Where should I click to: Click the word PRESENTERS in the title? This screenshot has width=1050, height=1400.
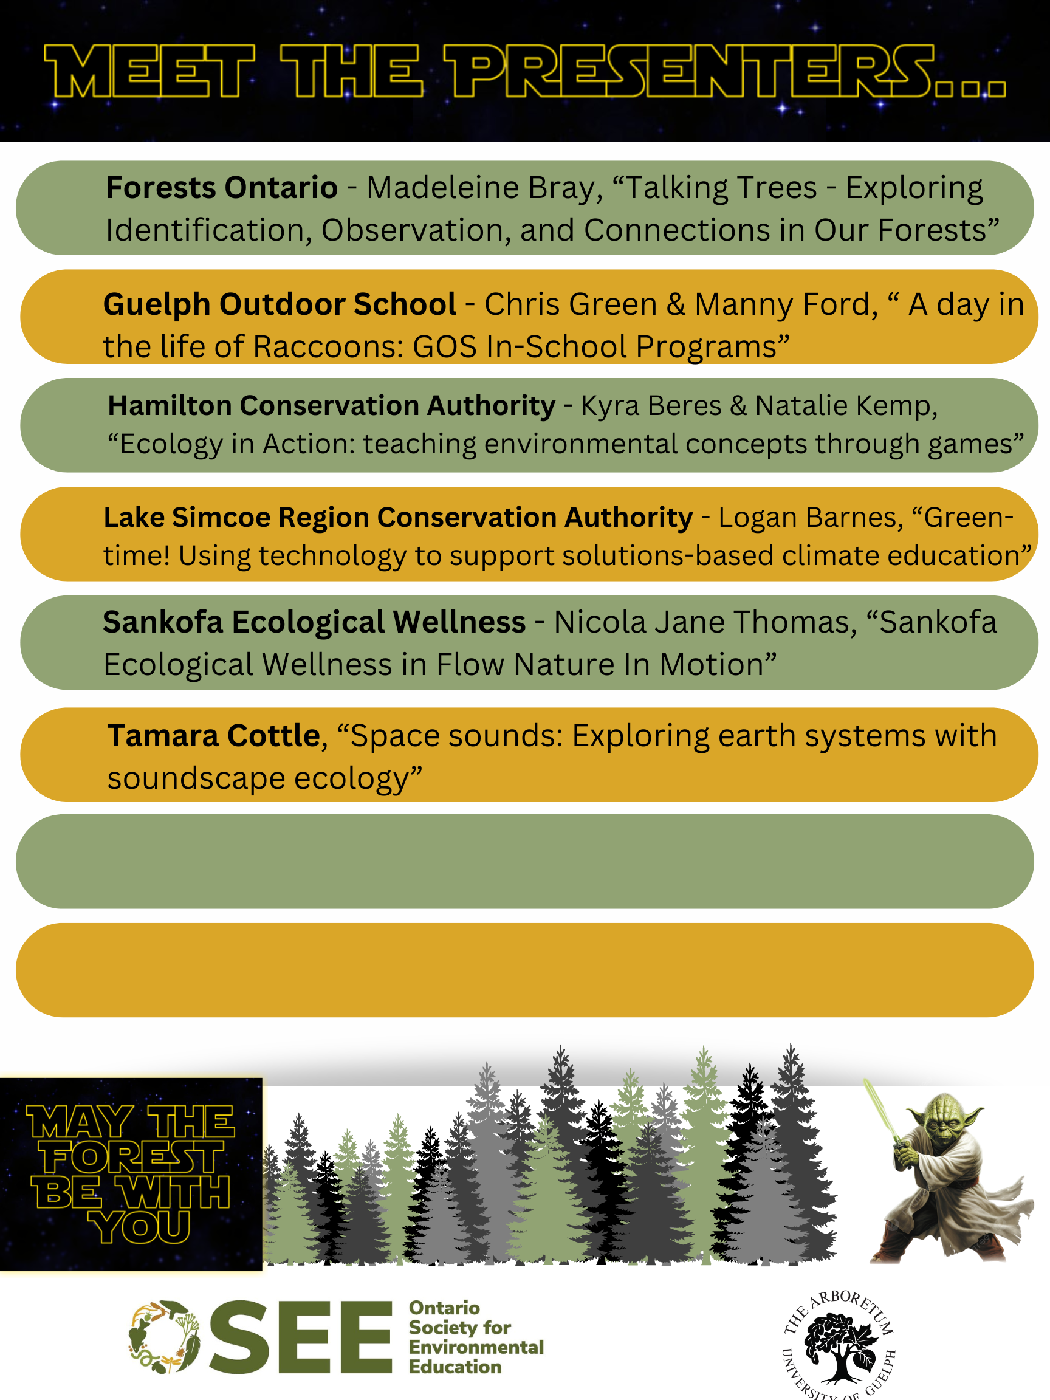[726, 71]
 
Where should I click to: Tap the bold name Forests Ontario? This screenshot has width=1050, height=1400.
[222, 188]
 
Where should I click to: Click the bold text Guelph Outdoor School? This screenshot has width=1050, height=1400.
[279, 305]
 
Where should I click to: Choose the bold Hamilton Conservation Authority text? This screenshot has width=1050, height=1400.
[331, 406]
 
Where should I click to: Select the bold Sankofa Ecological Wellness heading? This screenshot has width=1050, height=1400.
[314, 623]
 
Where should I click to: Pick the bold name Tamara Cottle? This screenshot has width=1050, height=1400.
[213, 736]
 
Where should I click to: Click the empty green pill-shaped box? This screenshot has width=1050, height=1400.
[524, 862]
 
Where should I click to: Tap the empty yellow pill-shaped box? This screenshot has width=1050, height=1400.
[524, 970]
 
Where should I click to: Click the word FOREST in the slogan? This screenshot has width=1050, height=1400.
[132, 1158]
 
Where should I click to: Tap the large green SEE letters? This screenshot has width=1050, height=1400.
[300, 1337]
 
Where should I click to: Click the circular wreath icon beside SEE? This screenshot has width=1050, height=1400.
[164, 1337]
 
